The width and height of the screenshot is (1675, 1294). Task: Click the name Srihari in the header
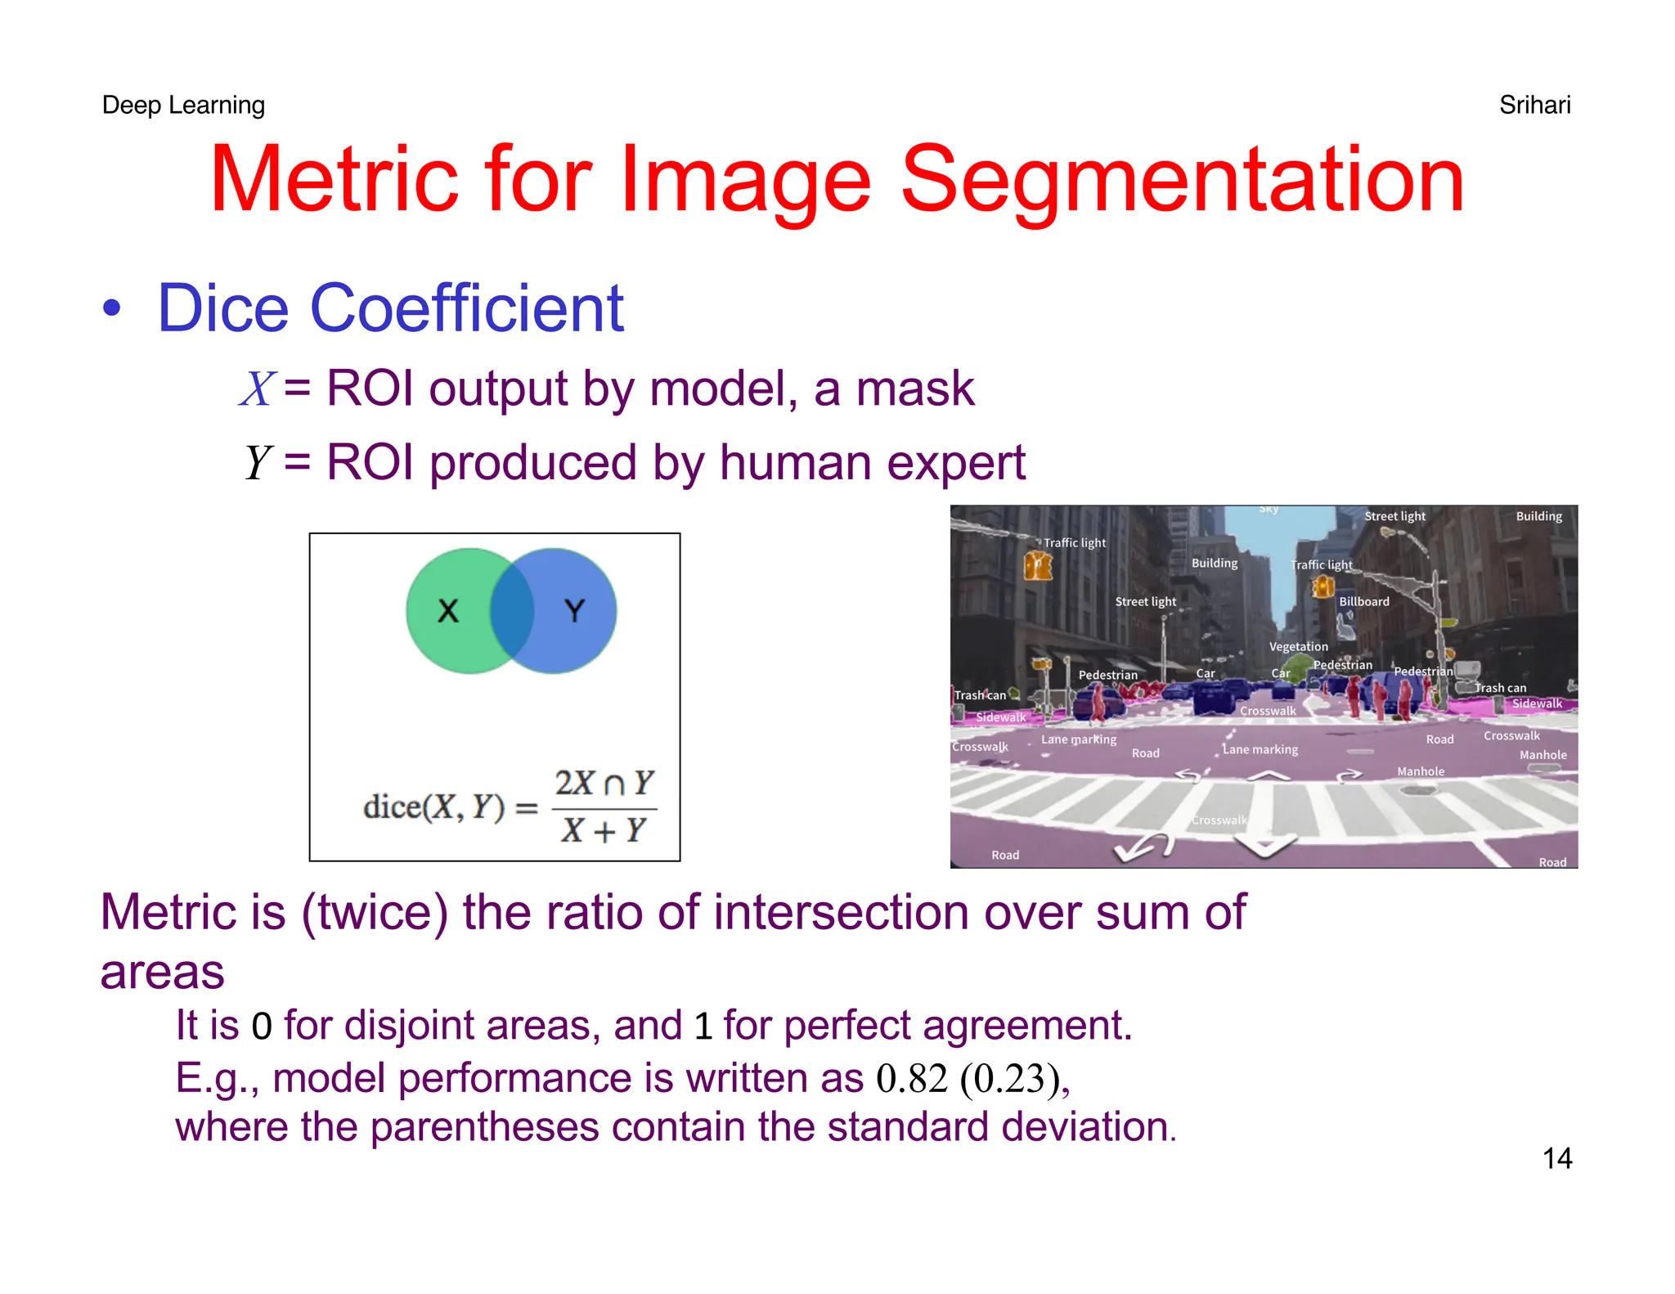click(x=1534, y=105)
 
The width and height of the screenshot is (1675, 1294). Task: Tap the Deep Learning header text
click(x=183, y=105)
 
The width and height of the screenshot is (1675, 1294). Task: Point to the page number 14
click(x=1556, y=1158)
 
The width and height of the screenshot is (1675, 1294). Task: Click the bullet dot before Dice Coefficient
click(x=112, y=309)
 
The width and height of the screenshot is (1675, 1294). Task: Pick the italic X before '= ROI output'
click(x=258, y=389)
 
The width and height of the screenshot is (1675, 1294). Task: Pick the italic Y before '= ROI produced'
click(x=258, y=463)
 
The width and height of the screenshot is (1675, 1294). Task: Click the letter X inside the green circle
click(x=447, y=610)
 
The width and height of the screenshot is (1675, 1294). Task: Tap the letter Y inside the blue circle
click(x=575, y=610)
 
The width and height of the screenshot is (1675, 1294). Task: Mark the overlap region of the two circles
click(x=512, y=610)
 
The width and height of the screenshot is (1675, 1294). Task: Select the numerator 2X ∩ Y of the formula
click(x=604, y=783)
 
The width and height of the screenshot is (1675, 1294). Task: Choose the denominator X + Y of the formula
click(x=604, y=831)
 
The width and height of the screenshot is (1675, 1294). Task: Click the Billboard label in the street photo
click(x=1363, y=601)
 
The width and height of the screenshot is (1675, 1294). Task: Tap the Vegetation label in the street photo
click(x=1298, y=646)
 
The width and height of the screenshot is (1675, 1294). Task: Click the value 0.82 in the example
click(x=911, y=1078)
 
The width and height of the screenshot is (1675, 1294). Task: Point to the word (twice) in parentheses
click(x=375, y=912)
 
